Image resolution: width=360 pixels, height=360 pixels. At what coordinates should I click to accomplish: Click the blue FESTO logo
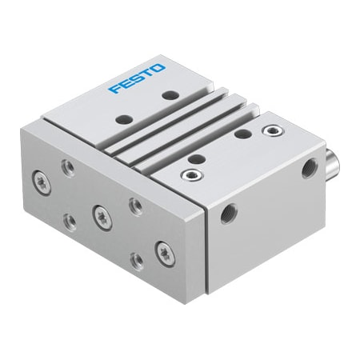tap(137, 78)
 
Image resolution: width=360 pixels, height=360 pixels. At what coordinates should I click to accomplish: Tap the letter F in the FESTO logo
tap(114, 89)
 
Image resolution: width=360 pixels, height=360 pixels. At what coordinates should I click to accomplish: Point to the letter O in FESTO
tap(158, 68)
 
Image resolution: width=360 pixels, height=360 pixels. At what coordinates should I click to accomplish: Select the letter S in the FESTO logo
tap(136, 78)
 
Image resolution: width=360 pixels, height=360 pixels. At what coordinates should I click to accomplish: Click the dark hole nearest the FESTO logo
tap(170, 94)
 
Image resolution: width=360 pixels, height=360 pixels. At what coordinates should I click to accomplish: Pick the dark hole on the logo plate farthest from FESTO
tap(124, 119)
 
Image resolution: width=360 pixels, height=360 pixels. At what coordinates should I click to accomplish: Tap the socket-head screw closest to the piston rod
tap(273, 130)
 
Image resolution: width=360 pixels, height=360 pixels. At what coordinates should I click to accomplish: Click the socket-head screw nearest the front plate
tap(191, 174)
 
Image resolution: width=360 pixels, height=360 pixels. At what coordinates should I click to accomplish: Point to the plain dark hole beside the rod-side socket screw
tap(242, 134)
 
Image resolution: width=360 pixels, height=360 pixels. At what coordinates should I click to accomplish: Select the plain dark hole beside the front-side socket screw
tap(197, 159)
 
